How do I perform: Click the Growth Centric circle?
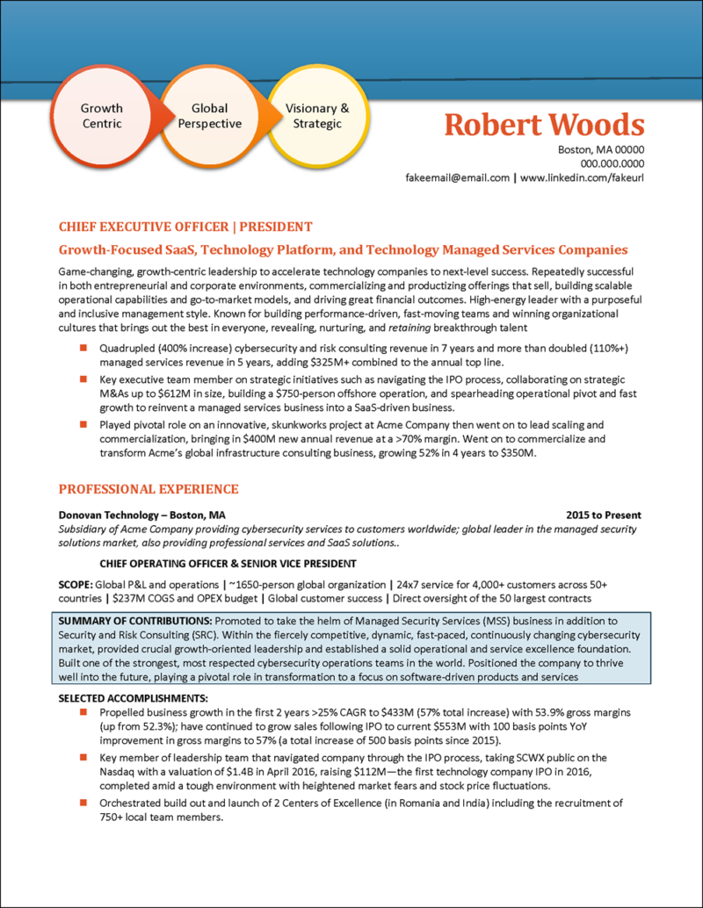102,116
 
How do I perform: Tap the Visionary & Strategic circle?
317,116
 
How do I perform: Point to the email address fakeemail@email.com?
457,177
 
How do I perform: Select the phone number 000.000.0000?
612,163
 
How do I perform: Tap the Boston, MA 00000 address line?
601,149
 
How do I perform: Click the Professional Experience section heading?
148,488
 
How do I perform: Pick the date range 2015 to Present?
604,515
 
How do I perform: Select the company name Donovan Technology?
111,515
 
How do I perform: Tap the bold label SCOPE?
76,584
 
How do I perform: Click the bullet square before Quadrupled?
83,348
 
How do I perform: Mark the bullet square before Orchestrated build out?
83,803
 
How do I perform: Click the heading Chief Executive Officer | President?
185,226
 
